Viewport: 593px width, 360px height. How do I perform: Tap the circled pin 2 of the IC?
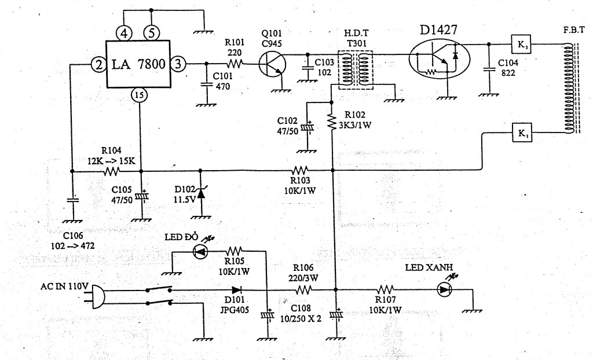(x=99, y=65)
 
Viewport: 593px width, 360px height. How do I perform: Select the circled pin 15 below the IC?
(x=138, y=95)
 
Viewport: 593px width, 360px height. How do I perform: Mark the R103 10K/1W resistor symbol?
(x=299, y=170)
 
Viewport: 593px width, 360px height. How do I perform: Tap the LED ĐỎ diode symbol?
(x=199, y=251)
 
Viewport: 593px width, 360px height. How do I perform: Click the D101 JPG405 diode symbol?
(x=236, y=290)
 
